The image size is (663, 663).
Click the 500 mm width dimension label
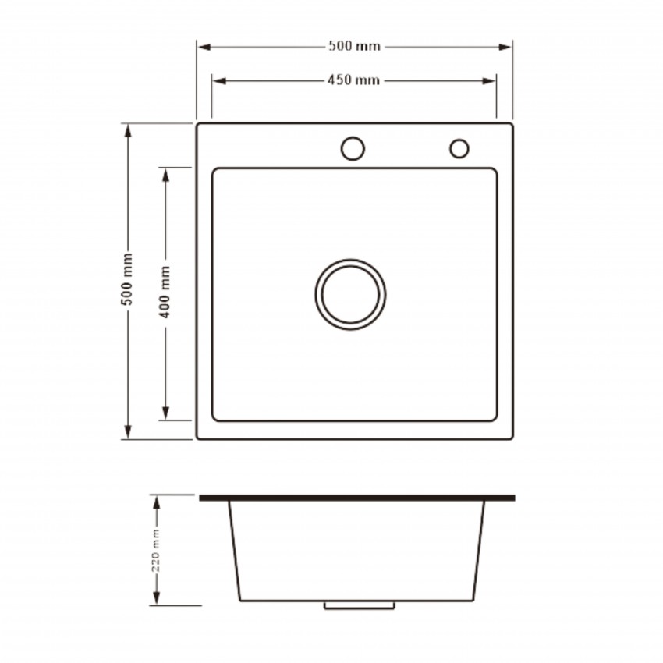coord(354,46)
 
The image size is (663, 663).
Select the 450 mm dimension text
coord(353,80)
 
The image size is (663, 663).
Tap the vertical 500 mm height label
coord(127,279)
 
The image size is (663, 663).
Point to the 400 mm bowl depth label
coord(165,292)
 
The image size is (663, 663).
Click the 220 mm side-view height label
coord(156,550)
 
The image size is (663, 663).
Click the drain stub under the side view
coord(360,605)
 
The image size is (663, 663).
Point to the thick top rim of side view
coord(357,498)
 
